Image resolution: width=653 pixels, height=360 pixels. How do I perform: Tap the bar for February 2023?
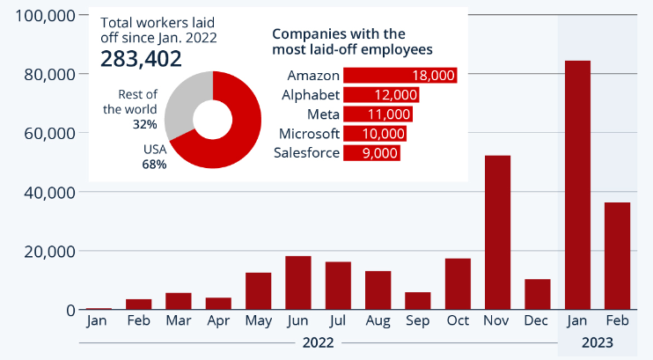(x=617, y=255)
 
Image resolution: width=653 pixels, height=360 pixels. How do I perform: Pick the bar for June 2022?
(x=297, y=283)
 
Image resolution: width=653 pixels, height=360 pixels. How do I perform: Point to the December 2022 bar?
(x=537, y=294)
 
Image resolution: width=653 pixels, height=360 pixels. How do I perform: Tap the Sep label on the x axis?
(x=417, y=321)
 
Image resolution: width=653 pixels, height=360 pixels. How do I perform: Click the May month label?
(x=258, y=321)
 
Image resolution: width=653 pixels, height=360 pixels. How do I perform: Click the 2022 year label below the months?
(x=318, y=342)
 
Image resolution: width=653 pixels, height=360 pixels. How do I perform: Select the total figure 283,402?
(x=141, y=59)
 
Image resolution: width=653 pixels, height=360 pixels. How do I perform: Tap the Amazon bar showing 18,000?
(x=400, y=75)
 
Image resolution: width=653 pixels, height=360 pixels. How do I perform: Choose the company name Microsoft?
(x=309, y=134)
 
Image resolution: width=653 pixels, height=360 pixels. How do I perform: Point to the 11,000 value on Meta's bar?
(x=391, y=114)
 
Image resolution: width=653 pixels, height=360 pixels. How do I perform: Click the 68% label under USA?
(x=154, y=165)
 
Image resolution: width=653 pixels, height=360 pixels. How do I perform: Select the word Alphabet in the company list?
(x=311, y=95)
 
